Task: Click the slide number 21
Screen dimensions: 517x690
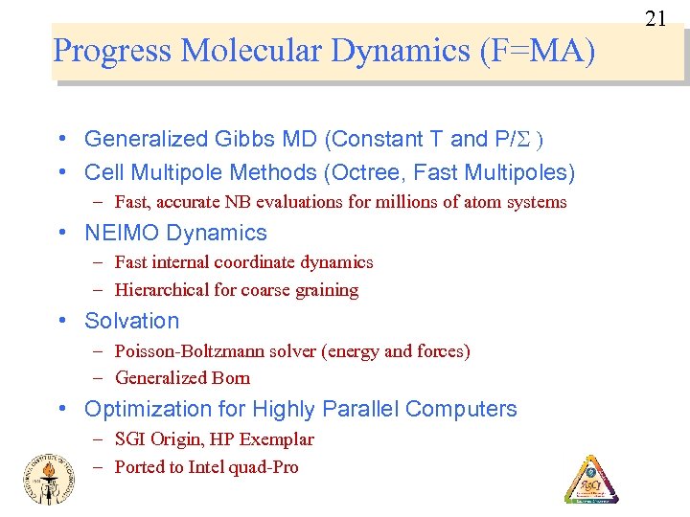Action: point(655,18)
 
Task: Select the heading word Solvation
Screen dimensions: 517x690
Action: point(132,322)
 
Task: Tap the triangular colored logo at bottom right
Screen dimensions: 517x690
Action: point(590,479)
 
